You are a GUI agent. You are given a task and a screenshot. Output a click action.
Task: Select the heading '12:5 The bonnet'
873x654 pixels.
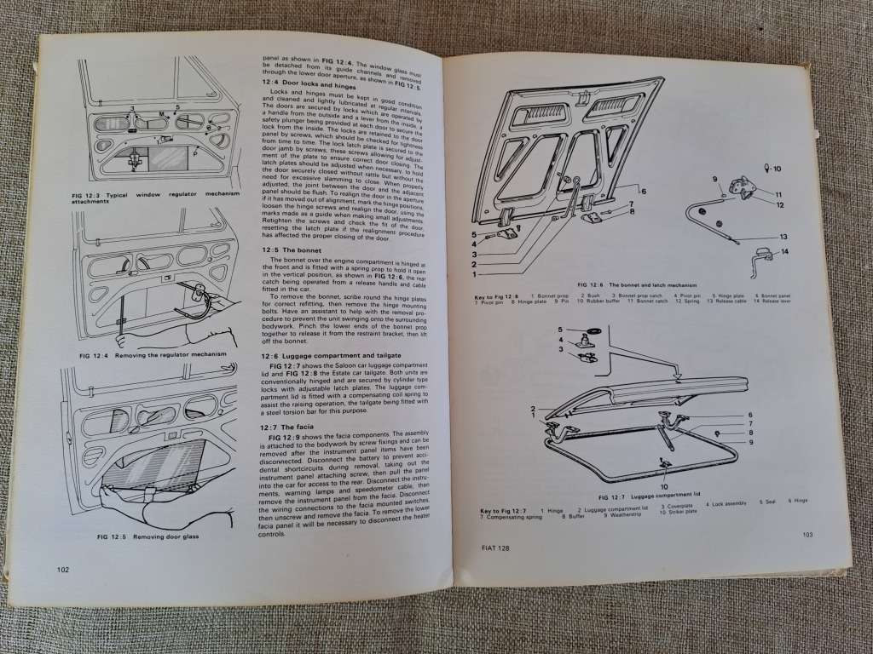292,250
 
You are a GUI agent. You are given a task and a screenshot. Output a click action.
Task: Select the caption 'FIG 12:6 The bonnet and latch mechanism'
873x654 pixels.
637,285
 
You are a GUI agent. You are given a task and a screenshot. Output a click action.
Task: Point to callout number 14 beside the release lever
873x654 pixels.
783,251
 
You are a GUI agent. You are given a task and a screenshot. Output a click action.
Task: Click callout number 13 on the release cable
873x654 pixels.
783,237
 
